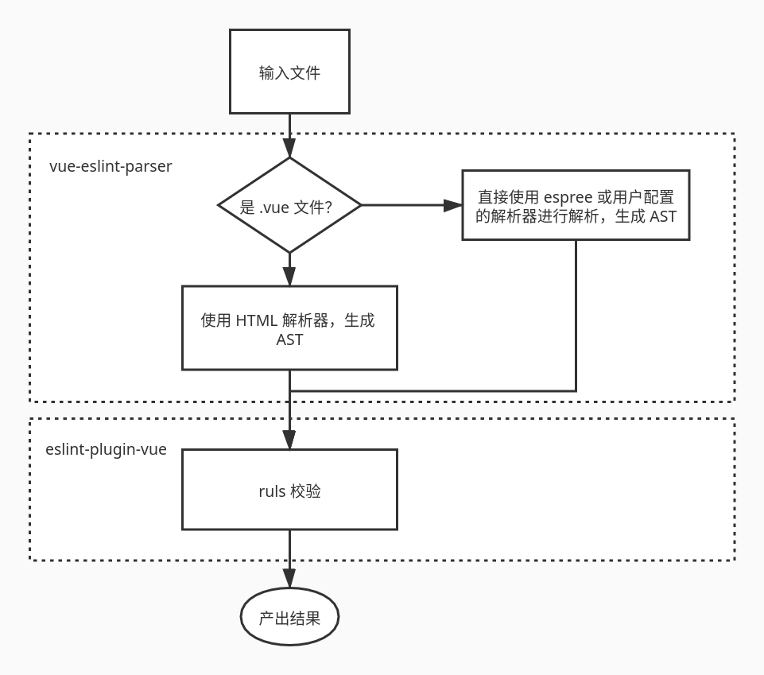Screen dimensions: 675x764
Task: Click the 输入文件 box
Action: pyautogui.click(x=289, y=72)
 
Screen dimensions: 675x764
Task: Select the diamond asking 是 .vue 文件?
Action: pyautogui.click(x=289, y=205)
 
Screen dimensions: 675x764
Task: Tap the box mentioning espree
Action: pyautogui.click(x=576, y=205)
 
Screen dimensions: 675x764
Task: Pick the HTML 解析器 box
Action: pyautogui.click(x=289, y=328)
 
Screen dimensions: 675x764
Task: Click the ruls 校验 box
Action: pyautogui.click(x=289, y=490)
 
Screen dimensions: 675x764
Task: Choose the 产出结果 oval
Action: pyautogui.click(x=289, y=617)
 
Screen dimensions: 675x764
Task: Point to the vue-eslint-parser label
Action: pyautogui.click(x=111, y=167)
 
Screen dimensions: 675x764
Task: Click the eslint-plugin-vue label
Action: pyautogui.click(x=106, y=449)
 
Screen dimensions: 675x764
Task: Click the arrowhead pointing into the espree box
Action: pyautogui.click(x=453, y=205)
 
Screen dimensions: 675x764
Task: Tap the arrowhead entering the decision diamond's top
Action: pyautogui.click(x=289, y=148)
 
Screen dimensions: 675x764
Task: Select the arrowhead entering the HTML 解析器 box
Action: pyautogui.click(x=289, y=276)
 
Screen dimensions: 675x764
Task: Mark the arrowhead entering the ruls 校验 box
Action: pyautogui.click(x=289, y=440)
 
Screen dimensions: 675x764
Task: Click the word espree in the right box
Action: pyautogui.click(x=568, y=197)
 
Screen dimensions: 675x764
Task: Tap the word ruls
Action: pyautogui.click(x=272, y=491)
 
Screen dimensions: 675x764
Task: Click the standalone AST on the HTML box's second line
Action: pyautogui.click(x=289, y=339)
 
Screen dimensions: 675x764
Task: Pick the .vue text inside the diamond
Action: pyautogui.click(x=274, y=208)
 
